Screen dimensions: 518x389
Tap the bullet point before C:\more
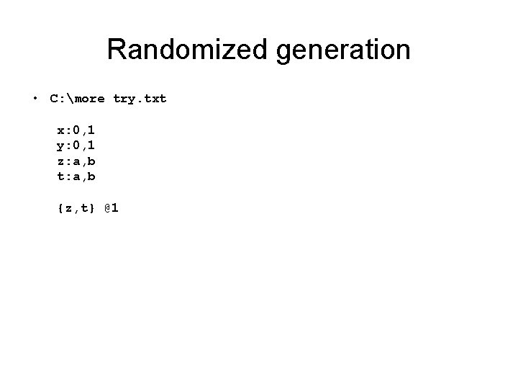click(x=34, y=99)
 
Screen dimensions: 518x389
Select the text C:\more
click(x=77, y=98)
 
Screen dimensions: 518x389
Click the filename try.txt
click(x=140, y=98)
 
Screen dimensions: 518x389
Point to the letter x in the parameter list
click(x=60, y=132)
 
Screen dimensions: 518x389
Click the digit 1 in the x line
click(x=91, y=131)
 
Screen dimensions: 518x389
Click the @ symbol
click(x=107, y=207)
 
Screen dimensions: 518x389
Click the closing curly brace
click(x=91, y=208)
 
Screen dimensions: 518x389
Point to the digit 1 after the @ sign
click(x=116, y=207)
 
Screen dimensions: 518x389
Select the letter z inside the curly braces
click(x=68, y=209)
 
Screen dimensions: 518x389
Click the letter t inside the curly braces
click(x=83, y=208)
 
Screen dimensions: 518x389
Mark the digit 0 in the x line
click(x=76, y=131)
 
